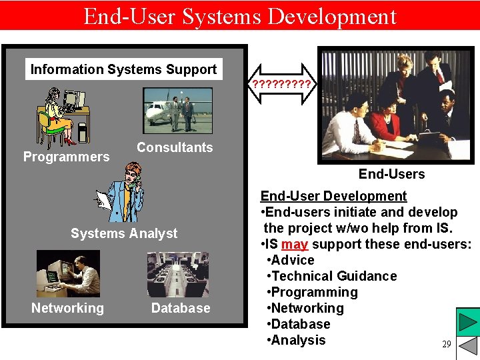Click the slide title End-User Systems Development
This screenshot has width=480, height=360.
pyautogui.click(x=240, y=15)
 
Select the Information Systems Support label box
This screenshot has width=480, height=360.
pyautogui.click(x=123, y=69)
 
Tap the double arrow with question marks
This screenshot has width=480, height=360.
pyautogui.click(x=282, y=85)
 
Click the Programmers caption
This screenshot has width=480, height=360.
pyautogui.click(x=66, y=157)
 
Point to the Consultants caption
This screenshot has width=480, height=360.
pyautogui.click(x=175, y=147)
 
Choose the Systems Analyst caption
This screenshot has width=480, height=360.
pyautogui.click(x=124, y=233)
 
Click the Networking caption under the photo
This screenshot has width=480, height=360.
pyautogui.click(x=67, y=308)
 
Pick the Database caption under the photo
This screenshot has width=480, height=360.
pyautogui.click(x=181, y=308)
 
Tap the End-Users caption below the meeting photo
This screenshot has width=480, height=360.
pyautogui.click(x=391, y=174)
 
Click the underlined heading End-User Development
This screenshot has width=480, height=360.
pyautogui.click(x=333, y=196)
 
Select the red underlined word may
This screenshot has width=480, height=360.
pyautogui.click(x=295, y=244)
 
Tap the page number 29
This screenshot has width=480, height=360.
pyautogui.click(x=446, y=345)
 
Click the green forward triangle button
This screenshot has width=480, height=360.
pyautogui.click(x=468, y=323)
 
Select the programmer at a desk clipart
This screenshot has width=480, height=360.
pyautogui.click(x=64, y=116)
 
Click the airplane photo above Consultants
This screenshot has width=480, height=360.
pyautogui.click(x=177, y=110)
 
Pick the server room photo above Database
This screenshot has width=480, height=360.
pyautogui.click(x=178, y=274)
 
